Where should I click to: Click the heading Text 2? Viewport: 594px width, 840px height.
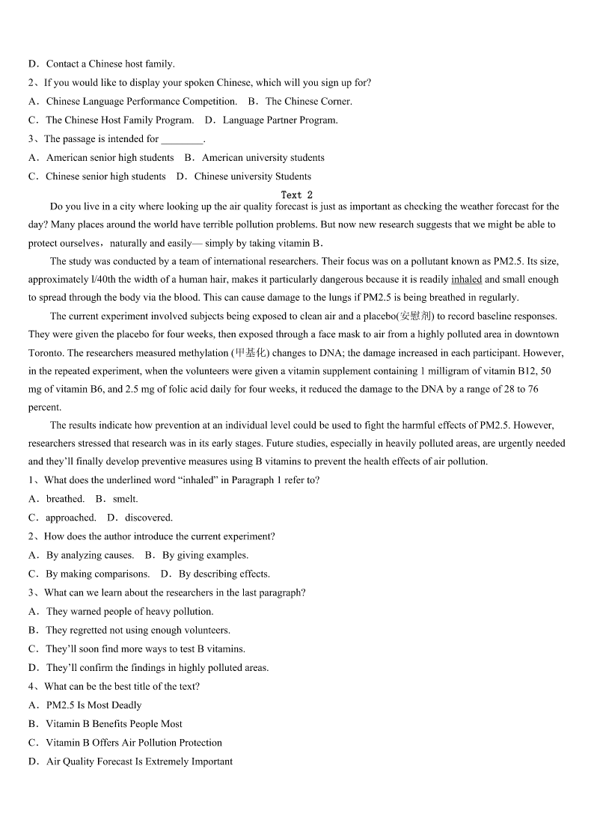(x=296, y=194)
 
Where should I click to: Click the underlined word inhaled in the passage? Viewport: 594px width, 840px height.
(x=466, y=279)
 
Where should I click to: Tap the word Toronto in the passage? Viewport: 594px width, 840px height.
(x=46, y=352)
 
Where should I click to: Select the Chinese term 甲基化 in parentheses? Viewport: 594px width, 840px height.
(x=250, y=352)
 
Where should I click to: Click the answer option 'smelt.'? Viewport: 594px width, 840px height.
(x=125, y=499)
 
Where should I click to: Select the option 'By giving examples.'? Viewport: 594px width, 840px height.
(x=205, y=555)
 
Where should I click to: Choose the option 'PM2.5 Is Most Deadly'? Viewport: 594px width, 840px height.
(x=94, y=705)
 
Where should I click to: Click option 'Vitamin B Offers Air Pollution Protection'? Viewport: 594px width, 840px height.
(x=134, y=743)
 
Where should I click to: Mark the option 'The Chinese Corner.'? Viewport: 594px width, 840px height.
(x=308, y=101)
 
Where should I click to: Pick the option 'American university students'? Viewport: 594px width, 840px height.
(x=263, y=158)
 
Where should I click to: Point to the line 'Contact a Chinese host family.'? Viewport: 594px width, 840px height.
(x=110, y=64)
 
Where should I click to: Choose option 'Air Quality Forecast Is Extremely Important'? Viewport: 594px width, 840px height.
(x=139, y=761)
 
